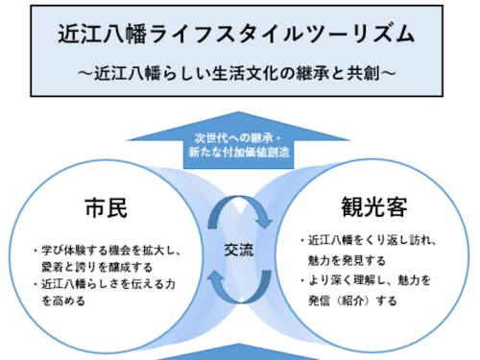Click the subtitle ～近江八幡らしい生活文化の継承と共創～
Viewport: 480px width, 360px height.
pos(239,72)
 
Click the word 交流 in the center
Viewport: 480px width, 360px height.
pos(239,246)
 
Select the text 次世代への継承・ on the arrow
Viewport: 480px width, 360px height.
pos(239,135)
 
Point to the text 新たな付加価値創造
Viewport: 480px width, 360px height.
pos(239,152)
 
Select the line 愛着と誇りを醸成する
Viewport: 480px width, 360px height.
pos(96,267)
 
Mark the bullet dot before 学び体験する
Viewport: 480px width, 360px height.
pos(34,251)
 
